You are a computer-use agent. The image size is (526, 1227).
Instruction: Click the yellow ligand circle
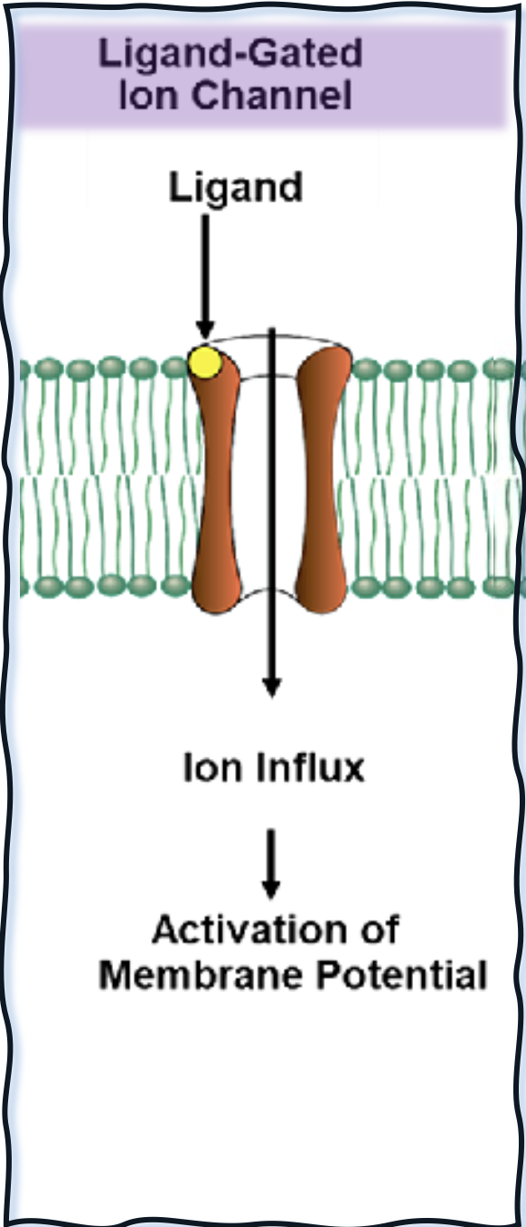[205, 362]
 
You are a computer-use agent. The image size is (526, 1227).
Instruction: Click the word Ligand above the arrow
[236, 188]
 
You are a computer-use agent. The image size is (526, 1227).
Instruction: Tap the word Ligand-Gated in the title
[230, 54]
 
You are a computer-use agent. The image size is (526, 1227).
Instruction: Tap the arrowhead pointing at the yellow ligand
[205, 331]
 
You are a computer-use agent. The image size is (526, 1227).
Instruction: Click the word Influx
[311, 767]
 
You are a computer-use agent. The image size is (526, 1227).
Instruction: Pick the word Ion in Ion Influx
[211, 767]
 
